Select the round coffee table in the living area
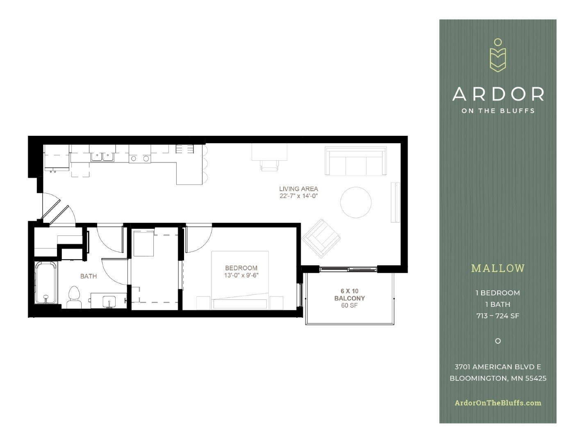356,202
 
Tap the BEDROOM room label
241,268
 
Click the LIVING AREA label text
298,189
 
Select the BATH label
89,276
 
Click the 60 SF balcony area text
349,305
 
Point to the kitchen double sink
102,157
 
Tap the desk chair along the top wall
269,165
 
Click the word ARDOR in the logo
498,94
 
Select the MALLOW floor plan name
498,268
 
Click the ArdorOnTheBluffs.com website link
498,403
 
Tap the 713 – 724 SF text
498,316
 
